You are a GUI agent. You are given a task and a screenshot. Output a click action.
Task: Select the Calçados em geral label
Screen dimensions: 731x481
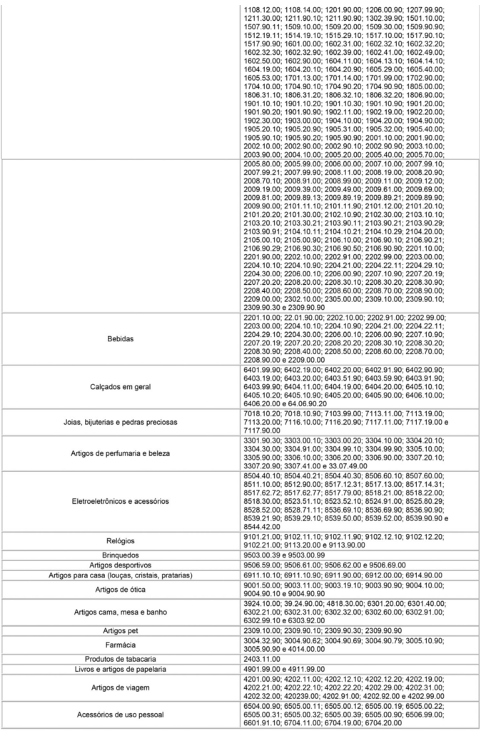pos(120,386)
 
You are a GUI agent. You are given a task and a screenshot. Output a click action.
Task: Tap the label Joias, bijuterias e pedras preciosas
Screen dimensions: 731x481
pos(120,422)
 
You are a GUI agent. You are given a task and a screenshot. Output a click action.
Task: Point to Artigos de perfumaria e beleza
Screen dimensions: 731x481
pos(120,453)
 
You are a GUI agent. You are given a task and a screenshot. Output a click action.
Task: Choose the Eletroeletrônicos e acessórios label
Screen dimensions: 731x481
pos(120,501)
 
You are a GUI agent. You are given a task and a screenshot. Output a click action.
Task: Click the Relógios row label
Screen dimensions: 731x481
pos(120,541)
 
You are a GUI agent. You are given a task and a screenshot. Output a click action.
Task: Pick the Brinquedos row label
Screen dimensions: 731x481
pos(120,553)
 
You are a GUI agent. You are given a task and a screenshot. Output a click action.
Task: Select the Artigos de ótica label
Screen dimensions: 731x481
pos(120,589)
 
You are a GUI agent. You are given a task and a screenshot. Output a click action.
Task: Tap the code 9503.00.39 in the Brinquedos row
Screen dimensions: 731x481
pos(263,553)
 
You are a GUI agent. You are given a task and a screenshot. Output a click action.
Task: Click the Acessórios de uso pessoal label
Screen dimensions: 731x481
pos(120,719)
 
